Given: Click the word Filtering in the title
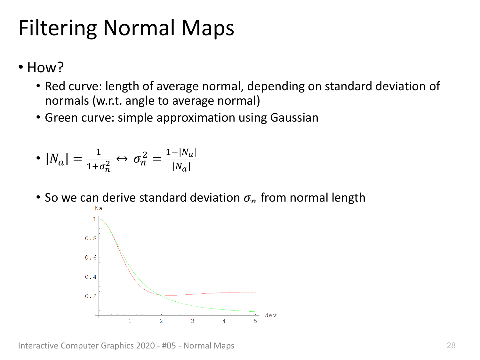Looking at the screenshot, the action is (x=58, y=28).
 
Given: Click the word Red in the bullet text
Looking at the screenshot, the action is (x=55, y=86).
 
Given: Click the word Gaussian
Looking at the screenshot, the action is (x=294, y=117).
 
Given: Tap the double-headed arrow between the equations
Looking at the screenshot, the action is (x=122, y=159).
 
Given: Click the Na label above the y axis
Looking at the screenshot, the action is (x=99, y=208).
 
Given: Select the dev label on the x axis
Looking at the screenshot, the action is (x=270, y=315).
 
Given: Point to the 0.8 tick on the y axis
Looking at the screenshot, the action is (x=91, y=238).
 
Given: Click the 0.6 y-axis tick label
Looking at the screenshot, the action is (x=91, y=258).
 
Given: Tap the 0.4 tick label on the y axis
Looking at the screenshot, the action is (x=91, y=277).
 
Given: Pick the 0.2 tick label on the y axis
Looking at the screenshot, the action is (x=91, y=296).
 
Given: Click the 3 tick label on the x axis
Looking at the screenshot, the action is (x=192, y=321).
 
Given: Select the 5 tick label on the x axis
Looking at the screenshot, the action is (x=255, y=321).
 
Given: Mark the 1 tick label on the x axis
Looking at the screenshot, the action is (x=130, y=321).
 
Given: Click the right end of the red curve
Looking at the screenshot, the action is (x=255, y=292).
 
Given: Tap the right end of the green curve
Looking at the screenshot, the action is (x=255, y=312).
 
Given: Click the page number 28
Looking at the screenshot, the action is (x=451, y=345).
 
